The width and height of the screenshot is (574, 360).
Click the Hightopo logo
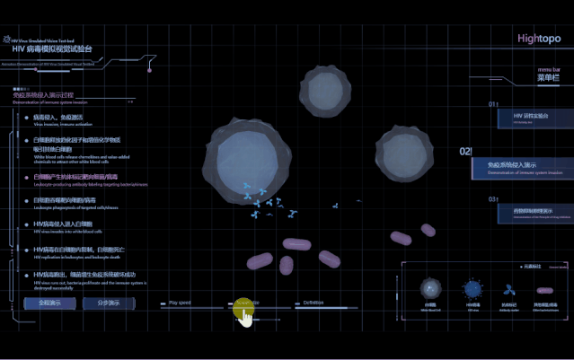click(x=539, y=39)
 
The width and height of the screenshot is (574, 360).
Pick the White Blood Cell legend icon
click(x=429, y=291)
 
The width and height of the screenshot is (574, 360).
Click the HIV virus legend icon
click(x=472, y=290)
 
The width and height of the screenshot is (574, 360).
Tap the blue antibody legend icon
click(x=509, y=291)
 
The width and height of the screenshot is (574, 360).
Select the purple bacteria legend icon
click(x=544, y=291)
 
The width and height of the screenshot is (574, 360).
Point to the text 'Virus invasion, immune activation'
click(x=58, y=124)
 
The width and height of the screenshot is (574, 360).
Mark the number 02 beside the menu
click(x=465, y=153)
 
